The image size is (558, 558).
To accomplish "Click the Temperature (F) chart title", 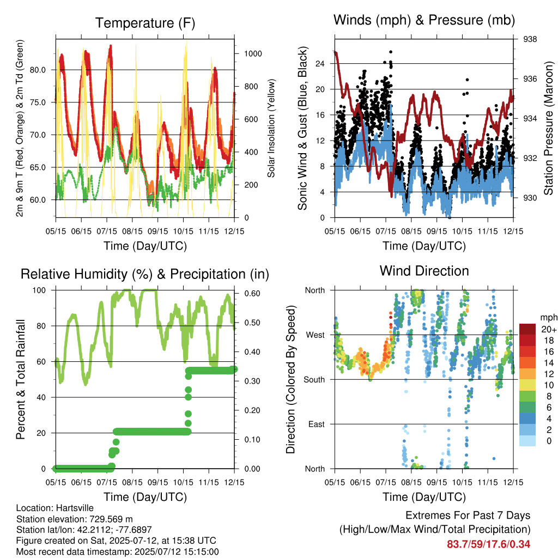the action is (x=145, y=23).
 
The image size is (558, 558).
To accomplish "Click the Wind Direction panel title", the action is (x=424, y=271).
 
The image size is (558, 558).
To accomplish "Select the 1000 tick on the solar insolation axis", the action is (x=253, y=54).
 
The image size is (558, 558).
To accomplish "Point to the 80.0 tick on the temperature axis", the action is (x=38, y=70).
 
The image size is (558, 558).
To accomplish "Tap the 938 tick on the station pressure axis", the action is (x=530, y=39).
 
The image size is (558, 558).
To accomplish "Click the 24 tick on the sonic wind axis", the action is (x=320, y=64).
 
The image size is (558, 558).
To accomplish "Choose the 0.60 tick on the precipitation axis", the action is (x=252, y=294).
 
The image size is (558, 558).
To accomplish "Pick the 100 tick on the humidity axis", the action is (x=39, y=290).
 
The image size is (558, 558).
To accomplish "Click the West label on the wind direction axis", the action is (x=316, y=335).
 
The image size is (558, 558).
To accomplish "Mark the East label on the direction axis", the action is (x=317, y=424).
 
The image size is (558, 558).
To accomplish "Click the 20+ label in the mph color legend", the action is (x=549, y=329).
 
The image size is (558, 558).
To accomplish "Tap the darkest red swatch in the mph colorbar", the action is (x=527, y=329).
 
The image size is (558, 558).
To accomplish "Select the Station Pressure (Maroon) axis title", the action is (x=548, y=128).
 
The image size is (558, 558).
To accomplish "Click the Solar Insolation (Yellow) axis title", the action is (x=271, y=128).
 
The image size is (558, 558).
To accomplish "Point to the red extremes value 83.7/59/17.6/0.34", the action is (x=489, y=544).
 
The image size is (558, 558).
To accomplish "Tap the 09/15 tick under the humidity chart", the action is (x=157, y=483).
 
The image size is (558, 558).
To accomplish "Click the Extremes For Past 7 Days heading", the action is (x=468, y=515).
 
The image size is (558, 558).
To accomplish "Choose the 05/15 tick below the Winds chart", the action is (x=335, y=231).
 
